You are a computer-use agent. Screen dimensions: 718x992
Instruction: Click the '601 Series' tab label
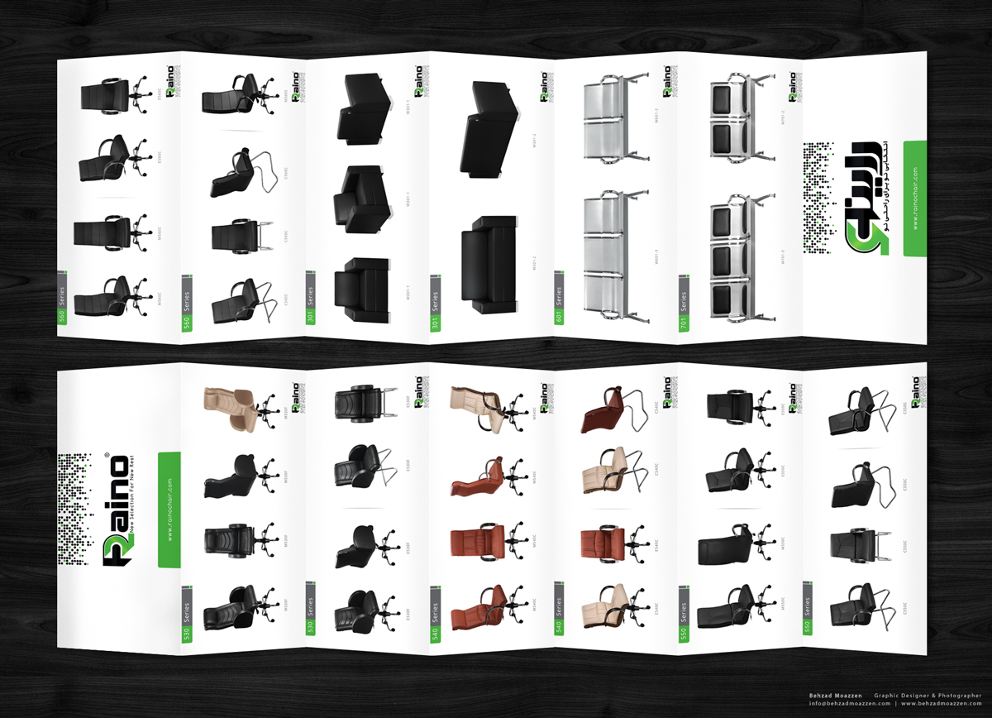560,303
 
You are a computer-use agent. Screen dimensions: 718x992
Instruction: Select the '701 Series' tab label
683,303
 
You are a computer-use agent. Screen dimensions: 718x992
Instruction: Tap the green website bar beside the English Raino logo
169,510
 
